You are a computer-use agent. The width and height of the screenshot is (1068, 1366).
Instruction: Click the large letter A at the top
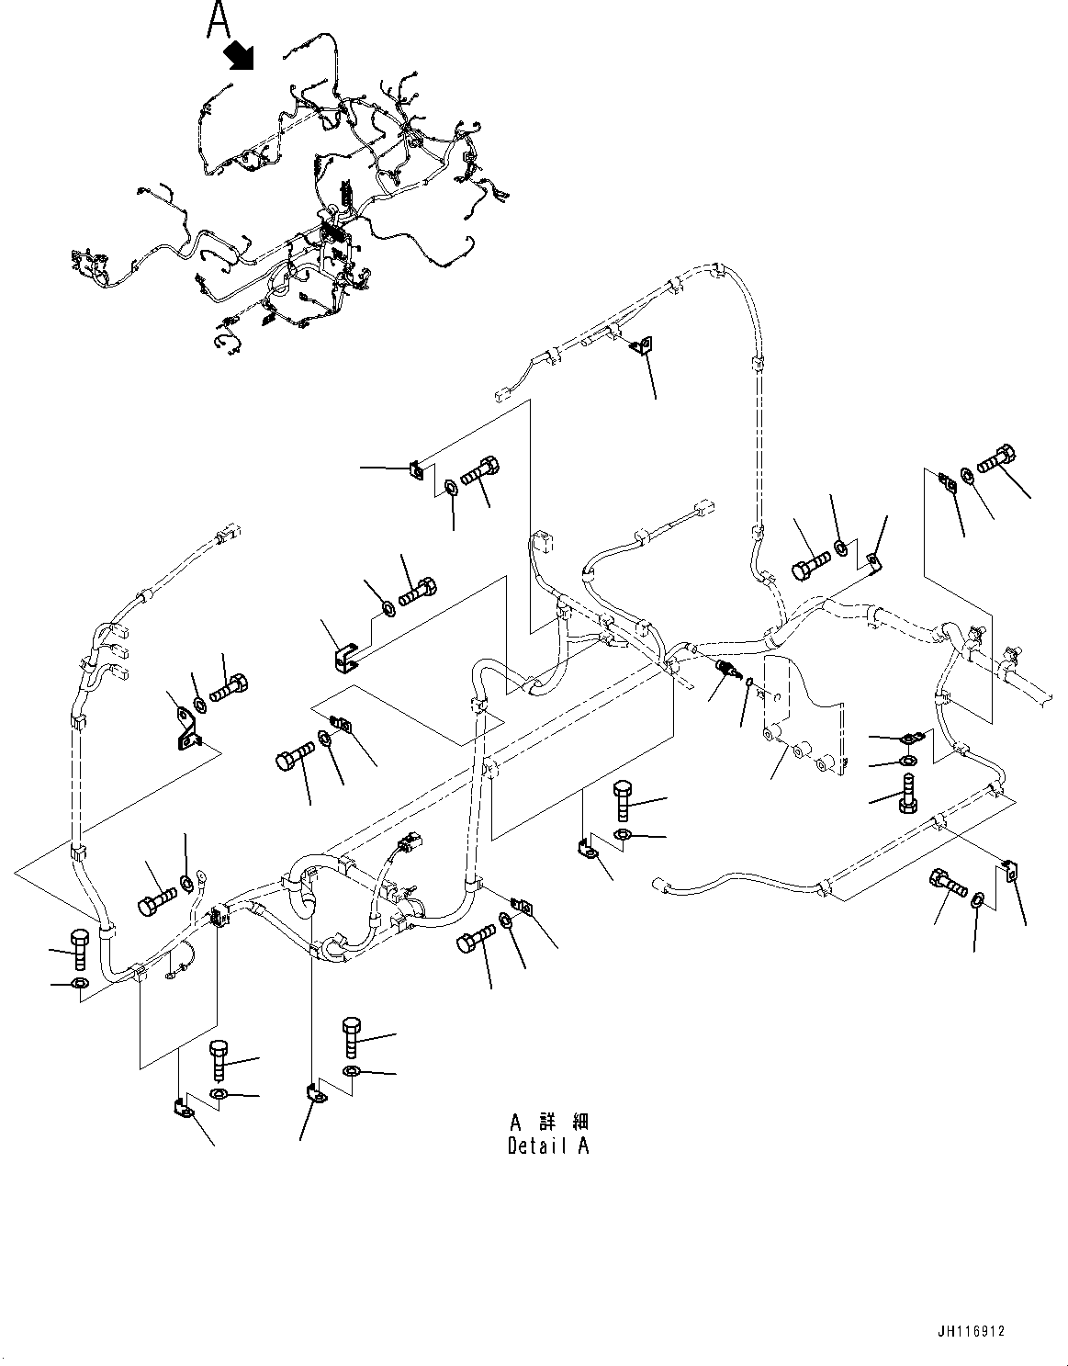pos(218,19)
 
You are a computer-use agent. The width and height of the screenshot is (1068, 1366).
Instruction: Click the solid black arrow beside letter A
pos(241,54)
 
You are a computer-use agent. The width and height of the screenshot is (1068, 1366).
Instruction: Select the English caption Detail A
pos(548,1146)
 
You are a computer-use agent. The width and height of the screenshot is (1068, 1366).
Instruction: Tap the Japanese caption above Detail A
pos(548,1122)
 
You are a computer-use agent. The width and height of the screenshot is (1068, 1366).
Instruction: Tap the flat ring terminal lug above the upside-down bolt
pos(911,737)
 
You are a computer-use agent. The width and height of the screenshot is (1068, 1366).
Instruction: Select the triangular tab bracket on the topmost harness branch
pos(646,344)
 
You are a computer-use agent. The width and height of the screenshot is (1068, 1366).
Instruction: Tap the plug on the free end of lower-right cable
pos(658,885)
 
